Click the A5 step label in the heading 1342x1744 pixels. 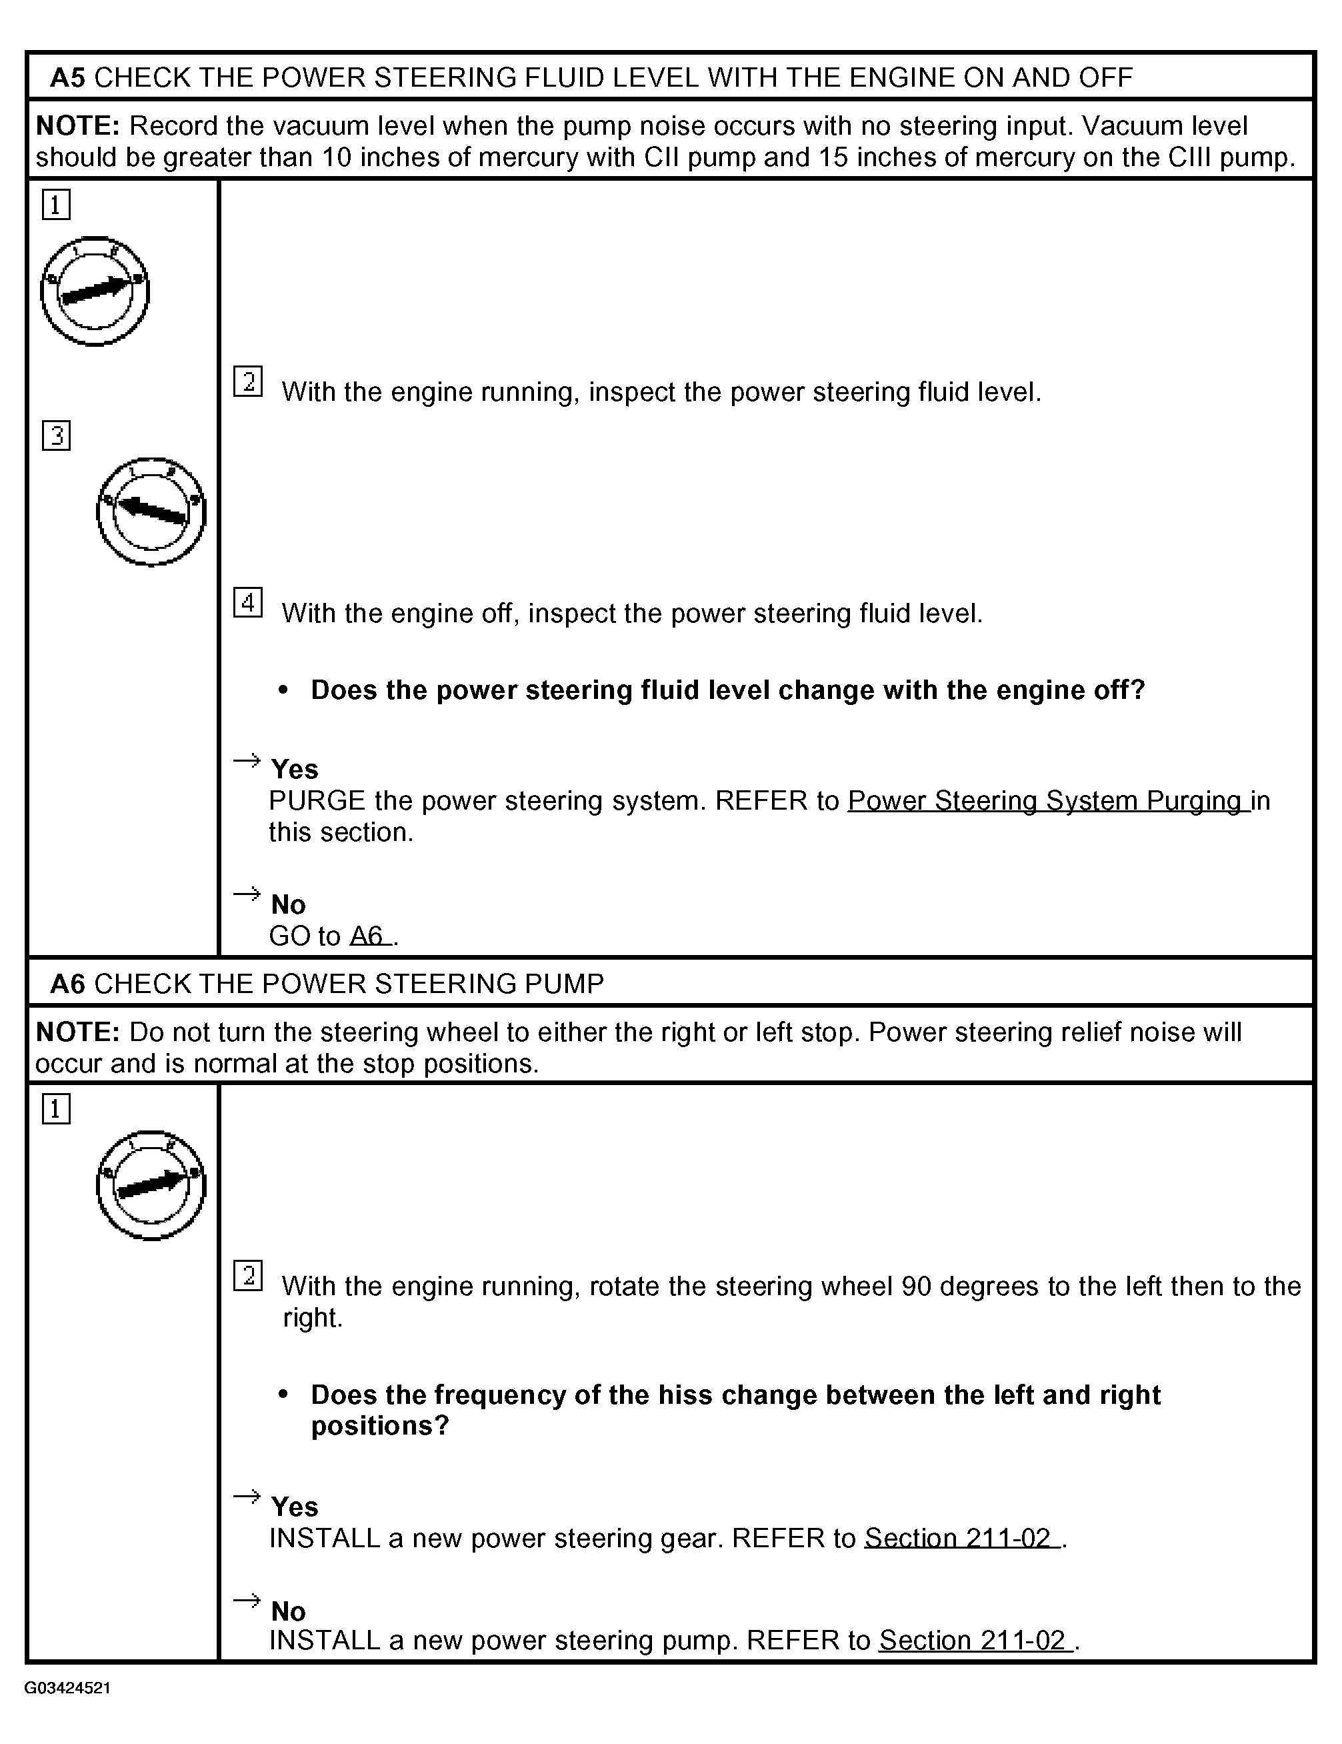[x=67, y=77]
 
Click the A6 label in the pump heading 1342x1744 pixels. [x=67, y=984]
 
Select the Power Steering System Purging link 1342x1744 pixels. [x=1047, y=801]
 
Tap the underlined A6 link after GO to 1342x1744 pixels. [x=369, y=936]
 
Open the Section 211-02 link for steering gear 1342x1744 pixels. [x=961, y=1538]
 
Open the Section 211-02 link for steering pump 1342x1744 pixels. [x=975, y=1640]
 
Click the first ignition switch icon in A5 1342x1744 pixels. [x=95, y=291]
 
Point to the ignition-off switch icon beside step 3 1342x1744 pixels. [x=151, y=512]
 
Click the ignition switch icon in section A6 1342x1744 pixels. [x=151, y=1185]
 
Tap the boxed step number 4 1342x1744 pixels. [x=247, y=603]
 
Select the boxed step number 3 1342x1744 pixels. [x=56, y=436]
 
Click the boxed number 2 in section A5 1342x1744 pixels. [x=247, y=381]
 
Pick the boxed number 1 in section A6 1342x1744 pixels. [x=56, y=1109]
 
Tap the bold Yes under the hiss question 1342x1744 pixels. [x=295, y=1507]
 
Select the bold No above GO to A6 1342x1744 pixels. [x=288, y=905]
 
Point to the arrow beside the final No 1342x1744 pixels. [x=247, y=1600]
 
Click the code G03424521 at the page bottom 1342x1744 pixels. [x=68, y=1688]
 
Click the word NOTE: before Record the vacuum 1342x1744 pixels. [x=77, y=126]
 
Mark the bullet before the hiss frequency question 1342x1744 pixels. [x=283, y=1395]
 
